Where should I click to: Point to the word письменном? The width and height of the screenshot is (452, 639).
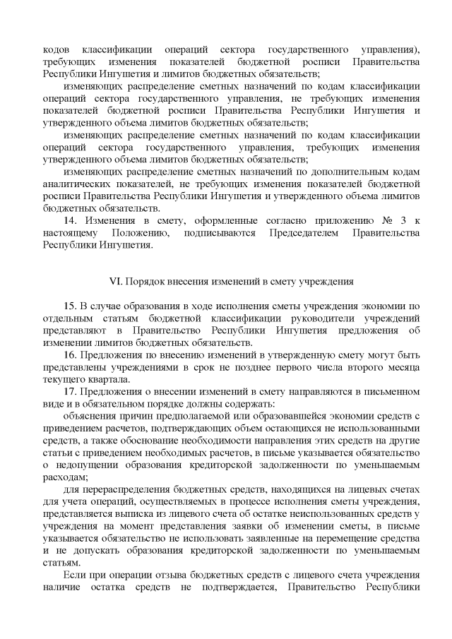tap(393, 390)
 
